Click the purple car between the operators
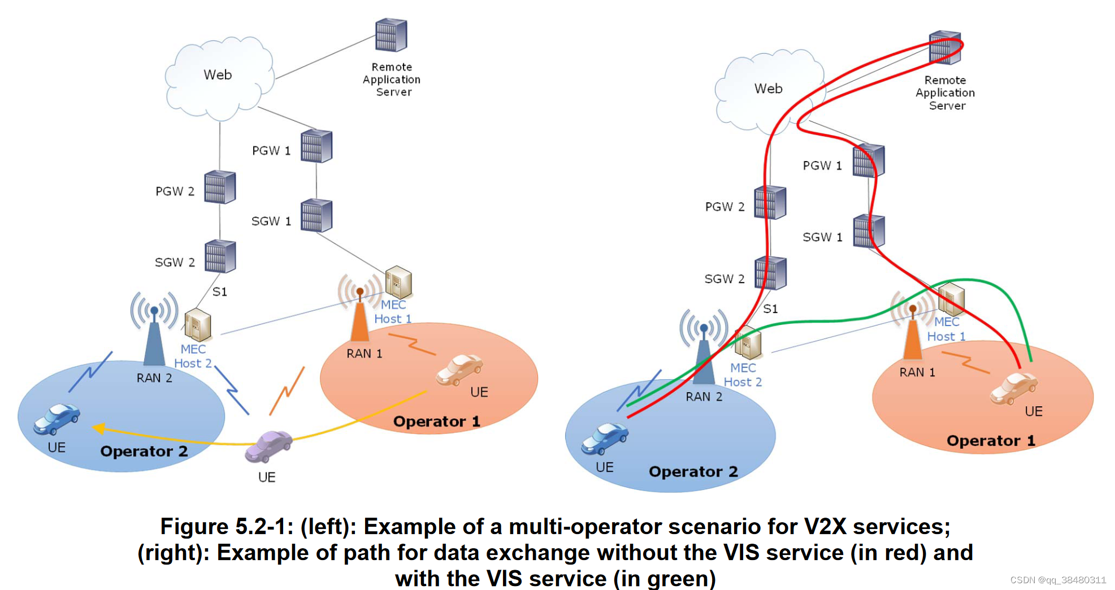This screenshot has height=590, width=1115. point(268,445)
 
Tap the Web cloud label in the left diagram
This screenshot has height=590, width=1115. point(218,75)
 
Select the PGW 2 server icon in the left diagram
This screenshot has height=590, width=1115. point(220,187)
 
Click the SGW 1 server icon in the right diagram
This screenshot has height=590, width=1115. point(869,231)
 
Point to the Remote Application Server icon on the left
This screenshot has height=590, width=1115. point(391,35)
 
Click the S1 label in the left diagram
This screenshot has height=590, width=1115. point(220,292)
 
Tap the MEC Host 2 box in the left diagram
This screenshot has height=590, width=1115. point(198,326)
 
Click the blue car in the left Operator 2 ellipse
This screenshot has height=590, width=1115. point(56,419)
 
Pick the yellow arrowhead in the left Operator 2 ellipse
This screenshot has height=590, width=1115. point(98,429)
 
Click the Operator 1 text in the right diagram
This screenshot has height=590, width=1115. point(991,441)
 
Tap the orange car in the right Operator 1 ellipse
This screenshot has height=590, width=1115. point(1013,389)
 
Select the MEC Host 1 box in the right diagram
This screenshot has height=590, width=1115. point(951,298)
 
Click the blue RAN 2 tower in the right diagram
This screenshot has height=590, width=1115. point(704,356)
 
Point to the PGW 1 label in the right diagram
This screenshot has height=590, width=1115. point(822,166)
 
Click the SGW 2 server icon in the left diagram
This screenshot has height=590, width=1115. point(220,257)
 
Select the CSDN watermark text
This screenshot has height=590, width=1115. point(1058,580)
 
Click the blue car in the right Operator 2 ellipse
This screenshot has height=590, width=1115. point(605,439)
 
